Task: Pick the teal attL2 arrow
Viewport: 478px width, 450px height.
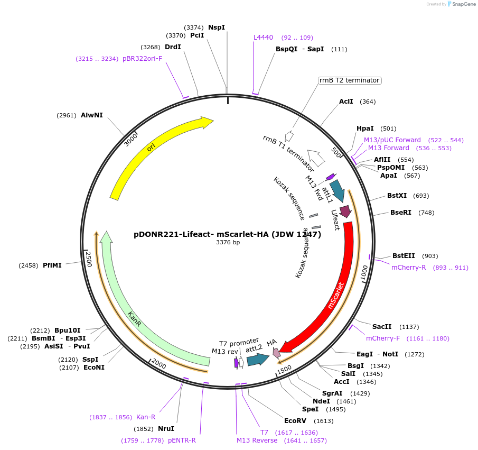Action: [257, 360]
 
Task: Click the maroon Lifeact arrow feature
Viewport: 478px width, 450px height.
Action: [345, 212]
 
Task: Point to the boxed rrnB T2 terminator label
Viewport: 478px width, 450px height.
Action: [349, 80]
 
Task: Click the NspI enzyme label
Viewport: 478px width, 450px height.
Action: [217, 27]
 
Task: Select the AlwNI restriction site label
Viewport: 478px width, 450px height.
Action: [92, 115]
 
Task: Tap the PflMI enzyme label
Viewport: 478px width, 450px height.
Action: [52, 265]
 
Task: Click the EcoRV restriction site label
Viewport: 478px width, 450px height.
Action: [295, 421]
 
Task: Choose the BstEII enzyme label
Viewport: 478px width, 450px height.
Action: [404, 255]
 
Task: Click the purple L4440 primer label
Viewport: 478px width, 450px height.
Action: [263, 38]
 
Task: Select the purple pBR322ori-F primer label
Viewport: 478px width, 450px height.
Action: [143, 59]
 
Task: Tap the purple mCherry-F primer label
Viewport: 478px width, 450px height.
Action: [383, 338]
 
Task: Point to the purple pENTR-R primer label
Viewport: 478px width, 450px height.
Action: [182, 440]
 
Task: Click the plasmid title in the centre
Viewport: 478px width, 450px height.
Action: [227, 234]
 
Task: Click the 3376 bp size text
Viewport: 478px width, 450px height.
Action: [228, 243]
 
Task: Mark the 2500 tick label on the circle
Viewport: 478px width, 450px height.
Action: [89, 260]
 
